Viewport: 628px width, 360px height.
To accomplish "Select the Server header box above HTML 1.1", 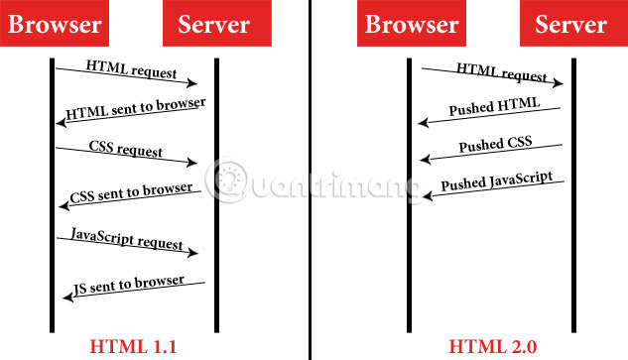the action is click(x=212, y=24).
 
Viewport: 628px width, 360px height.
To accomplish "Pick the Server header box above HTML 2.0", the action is click(x=570, y=24).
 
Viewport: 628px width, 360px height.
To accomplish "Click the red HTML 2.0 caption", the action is click(x=492, y=345).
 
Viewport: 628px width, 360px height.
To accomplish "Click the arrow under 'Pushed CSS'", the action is click(x=491, y=154).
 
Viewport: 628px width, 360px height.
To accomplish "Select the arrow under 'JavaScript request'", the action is click(x=127, y=250).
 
